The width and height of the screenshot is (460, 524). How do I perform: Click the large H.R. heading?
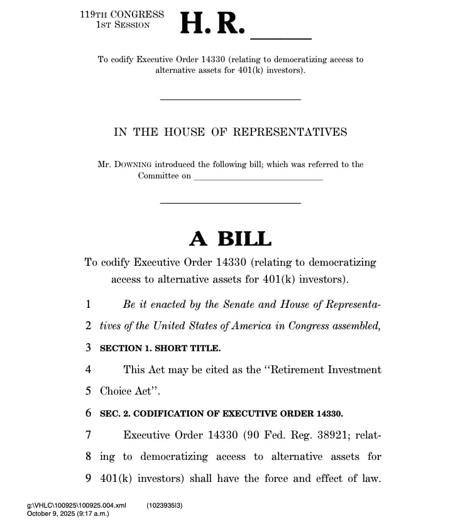[x=211, y=24]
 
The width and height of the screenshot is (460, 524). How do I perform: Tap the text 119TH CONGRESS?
[x=122, y=14]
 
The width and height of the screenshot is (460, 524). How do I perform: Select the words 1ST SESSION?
[x=123, y=25]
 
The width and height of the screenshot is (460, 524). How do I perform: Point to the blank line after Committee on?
[x=258, y=177]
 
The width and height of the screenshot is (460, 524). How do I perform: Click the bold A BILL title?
[x=230, y=239]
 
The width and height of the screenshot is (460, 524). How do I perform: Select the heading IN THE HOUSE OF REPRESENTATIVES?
[x=230, y=132]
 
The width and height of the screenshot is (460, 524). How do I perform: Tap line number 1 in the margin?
[x=89, y=304]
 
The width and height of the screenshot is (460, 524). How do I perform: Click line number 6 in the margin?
[x=89, y=413]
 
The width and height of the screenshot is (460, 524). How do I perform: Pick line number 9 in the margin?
[x=89, y=478]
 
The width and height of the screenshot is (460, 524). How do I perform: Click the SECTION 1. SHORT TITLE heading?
[x=160, y=347]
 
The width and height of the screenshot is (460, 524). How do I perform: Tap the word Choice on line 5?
[x=116, y=391]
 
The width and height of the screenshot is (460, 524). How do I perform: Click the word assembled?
[x=355, y=325]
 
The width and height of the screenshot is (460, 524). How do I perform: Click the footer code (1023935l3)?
[x=165, y=505]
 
